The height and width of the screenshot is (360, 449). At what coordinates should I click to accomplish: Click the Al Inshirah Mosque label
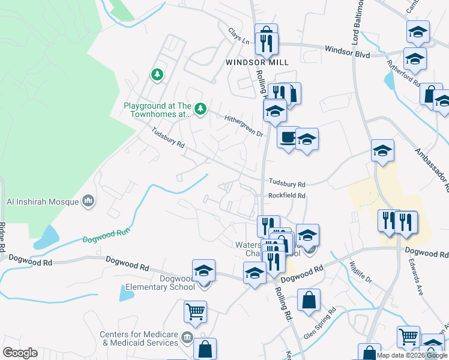(42, 202)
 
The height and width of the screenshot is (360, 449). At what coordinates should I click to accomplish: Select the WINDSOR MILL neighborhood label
(258, 62)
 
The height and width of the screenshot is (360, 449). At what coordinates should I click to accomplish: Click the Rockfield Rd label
(287, 196)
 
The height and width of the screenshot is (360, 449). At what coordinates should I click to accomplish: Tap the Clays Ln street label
(238, 36)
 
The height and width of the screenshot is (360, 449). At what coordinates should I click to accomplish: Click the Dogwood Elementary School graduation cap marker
(204, 271)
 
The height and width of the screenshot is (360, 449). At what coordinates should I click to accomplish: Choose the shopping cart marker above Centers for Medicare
(195, 311)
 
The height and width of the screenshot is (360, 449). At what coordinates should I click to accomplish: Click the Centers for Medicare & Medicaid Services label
(140, 338)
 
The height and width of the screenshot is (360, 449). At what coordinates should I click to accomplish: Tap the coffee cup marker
(288, 137)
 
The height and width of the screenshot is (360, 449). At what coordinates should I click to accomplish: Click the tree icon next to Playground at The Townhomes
(200, 109)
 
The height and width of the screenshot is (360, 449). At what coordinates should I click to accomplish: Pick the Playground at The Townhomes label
(157, 110)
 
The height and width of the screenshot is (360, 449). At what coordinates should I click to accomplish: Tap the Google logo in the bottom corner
(20, 353)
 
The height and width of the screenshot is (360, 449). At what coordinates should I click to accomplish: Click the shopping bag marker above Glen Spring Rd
(309, 301)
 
